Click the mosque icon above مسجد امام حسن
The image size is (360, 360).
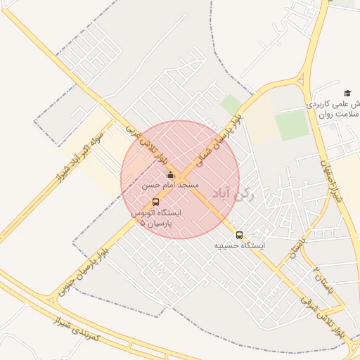170,175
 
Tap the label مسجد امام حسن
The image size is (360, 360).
171,185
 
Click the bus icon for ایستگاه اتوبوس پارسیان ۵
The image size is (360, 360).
155,202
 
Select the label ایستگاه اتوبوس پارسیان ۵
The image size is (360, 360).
155,217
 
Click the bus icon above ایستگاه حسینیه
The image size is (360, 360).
240,236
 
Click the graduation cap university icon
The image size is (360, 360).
347,93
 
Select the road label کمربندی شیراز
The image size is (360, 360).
77,330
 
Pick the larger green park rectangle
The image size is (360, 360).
292,125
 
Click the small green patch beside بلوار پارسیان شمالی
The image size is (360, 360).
231,105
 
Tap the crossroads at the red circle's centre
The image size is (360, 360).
180,180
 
